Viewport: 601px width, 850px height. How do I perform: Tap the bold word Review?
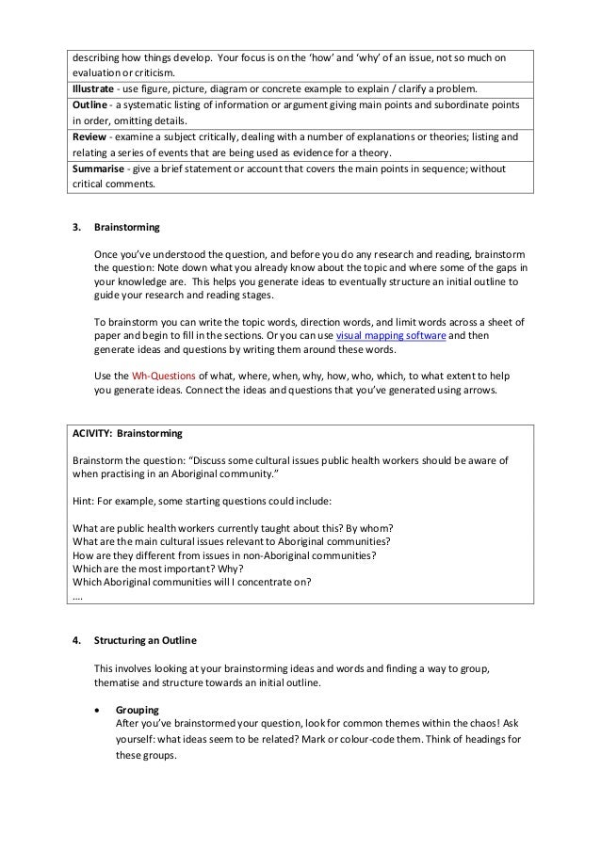coord(88,137)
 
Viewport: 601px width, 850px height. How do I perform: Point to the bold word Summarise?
coord(95,168)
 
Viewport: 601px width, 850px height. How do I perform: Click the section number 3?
coord(76,228)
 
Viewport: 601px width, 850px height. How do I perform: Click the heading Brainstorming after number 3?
coord(126,228)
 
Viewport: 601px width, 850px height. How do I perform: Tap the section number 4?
coord(76,641)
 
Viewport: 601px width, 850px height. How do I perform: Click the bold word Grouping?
coord(137,710)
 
